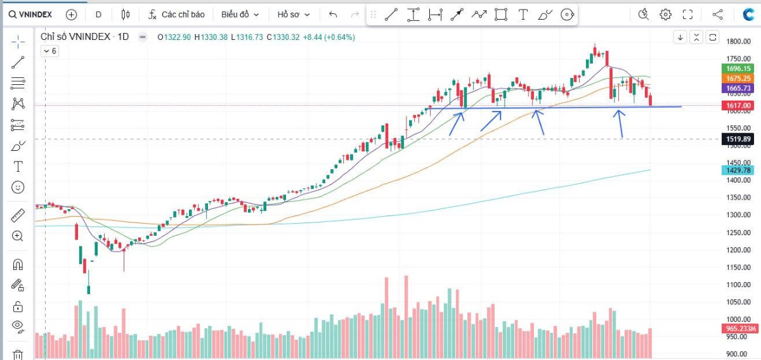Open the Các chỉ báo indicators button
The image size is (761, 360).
(x=177, y=14)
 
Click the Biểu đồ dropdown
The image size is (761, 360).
(x=240, y=14)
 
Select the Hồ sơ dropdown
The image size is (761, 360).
(x=294, y=14)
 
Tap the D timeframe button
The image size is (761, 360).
(x=98, y=14)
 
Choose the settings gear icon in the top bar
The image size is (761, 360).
(x=665, y=14)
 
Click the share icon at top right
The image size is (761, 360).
(x=718, y=14)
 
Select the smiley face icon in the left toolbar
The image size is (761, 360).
(x=18, y=187)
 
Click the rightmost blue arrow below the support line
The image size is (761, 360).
(x=621, y=124)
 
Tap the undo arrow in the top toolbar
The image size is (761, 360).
(x=333, y=14)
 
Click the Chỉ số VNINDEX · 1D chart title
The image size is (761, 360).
(x=84, y=37)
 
